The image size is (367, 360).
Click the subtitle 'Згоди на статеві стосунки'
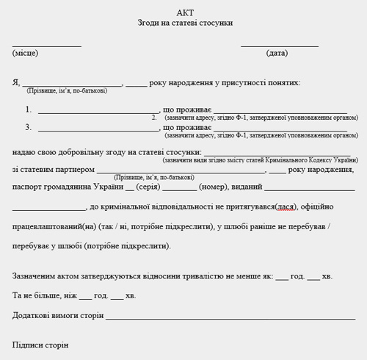(185, 24)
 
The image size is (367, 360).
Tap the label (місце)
(25, 54)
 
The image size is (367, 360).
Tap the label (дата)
(277, 54)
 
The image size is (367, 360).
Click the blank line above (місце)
(46, 46)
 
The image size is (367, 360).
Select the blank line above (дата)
(279, 46)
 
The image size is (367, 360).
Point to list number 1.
(29, 109)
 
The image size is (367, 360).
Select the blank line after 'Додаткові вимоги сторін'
(230, 318)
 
